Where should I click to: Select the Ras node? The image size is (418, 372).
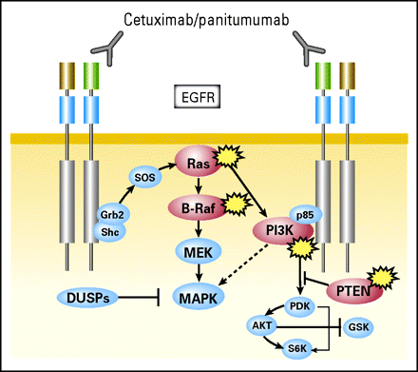198,164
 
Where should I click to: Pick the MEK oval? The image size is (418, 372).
197,251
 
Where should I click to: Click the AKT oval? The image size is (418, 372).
260,325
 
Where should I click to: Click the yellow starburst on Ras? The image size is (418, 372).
228,154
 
